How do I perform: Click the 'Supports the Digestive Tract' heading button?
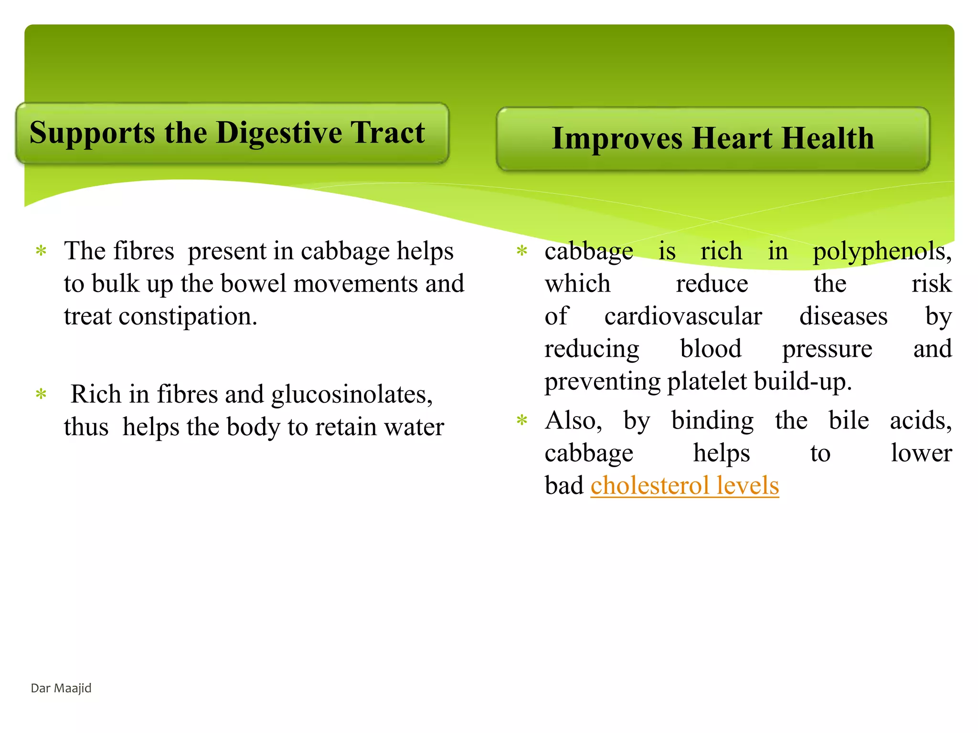[232, 134]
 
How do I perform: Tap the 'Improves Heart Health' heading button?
[712, 139]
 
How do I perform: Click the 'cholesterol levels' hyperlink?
[684, 486]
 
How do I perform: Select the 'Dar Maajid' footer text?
[61, 688]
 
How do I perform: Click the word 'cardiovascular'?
[683, 316]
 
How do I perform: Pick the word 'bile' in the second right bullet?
[849, 421]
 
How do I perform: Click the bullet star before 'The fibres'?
[42, 251]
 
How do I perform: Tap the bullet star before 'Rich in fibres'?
[42, 395]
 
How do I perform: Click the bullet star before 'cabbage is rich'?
[522, 251]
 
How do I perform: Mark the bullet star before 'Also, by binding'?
[522, 421]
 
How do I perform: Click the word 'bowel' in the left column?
[252, 284]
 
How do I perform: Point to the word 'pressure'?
[827, 349]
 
